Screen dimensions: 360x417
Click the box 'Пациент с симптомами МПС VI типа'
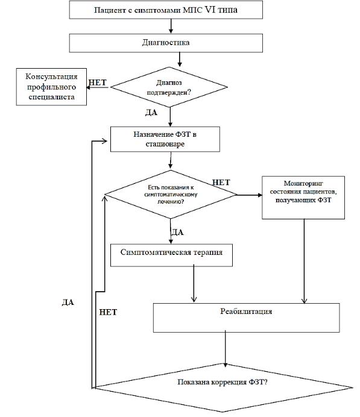166,10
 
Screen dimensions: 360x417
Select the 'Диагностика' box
166,43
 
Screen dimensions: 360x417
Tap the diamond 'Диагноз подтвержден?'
169,87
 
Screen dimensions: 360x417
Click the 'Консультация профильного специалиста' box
51,87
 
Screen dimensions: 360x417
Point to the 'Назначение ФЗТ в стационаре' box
165,139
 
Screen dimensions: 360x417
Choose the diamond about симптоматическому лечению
171,195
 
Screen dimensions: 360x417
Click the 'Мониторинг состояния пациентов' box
303,197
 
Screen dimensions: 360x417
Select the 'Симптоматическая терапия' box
171,255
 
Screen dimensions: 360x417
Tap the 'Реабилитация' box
246,318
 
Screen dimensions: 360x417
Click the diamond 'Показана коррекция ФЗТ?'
223,388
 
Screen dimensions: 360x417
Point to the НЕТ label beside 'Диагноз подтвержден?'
97,83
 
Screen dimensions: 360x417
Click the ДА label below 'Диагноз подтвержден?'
151,113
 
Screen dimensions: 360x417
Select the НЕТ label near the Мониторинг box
221,183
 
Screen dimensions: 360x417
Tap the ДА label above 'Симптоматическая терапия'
177,232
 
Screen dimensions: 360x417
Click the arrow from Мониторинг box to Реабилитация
304,261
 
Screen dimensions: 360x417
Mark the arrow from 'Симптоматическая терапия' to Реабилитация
194,283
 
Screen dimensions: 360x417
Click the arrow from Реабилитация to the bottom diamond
226,349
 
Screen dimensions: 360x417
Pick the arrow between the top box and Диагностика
171,26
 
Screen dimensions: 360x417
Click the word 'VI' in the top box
210,10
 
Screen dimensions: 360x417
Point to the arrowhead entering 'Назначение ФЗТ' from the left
104,141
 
